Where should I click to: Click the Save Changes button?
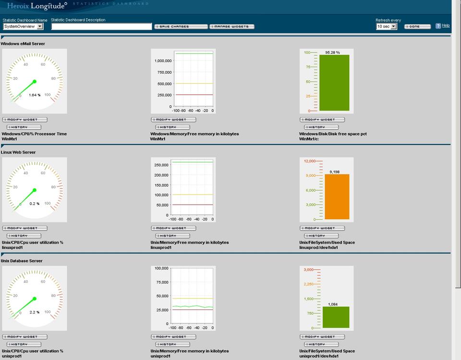181,26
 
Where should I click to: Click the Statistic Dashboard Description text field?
101,26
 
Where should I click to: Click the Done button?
417,26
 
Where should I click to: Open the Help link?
446,25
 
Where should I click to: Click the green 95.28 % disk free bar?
334,83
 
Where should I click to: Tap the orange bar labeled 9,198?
337,197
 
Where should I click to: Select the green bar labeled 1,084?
336,317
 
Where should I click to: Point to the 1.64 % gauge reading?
35,95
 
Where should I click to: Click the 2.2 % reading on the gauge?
35,312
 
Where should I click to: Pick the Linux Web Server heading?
18,152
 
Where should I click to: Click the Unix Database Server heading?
22,261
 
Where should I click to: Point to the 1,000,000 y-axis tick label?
163,61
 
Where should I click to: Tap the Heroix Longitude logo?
36,6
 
